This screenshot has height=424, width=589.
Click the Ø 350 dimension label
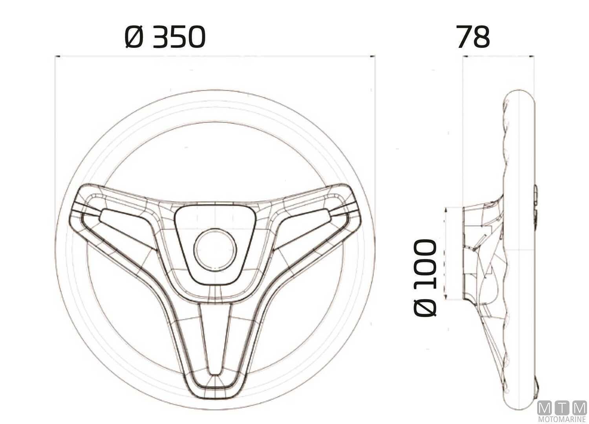pyautogui.click(x=165, y=37)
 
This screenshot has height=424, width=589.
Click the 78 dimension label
pyautogui.click(x=473, y=37)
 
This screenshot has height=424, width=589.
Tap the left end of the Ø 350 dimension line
pyautogui.click(x=55, y=57)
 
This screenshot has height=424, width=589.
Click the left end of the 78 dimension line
pyautogui.click(x=463, y=57)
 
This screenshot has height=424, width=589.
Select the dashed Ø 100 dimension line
pyautogui.click(x=446, y=253)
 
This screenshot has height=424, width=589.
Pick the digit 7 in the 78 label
pyautogui.click(x=464, y=37)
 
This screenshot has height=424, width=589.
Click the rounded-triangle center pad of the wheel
pyautogui.click(x=215, y=243)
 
